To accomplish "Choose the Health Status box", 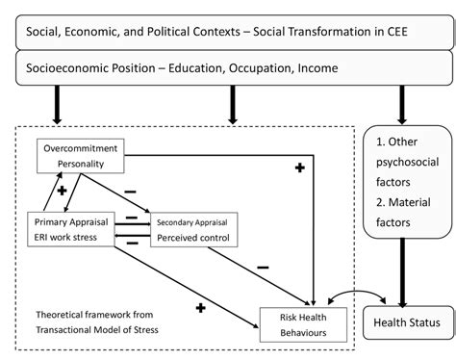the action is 406,321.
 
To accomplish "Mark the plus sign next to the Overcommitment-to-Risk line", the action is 299,167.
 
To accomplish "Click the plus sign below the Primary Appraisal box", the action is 200,307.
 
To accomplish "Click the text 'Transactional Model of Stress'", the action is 96,329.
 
